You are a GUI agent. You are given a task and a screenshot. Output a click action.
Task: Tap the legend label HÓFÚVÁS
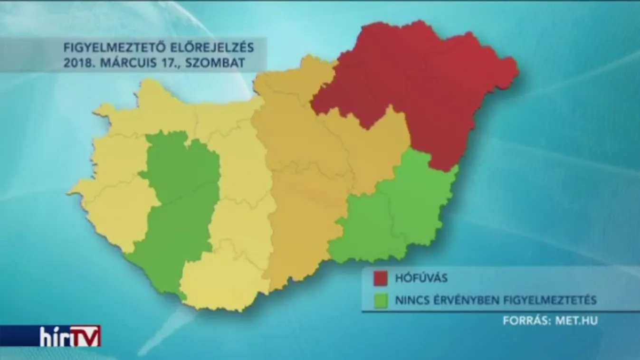(421, 278)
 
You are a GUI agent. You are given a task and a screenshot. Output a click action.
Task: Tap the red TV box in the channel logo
(86, 336)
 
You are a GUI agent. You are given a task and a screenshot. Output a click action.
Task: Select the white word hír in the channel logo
(56, 336)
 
